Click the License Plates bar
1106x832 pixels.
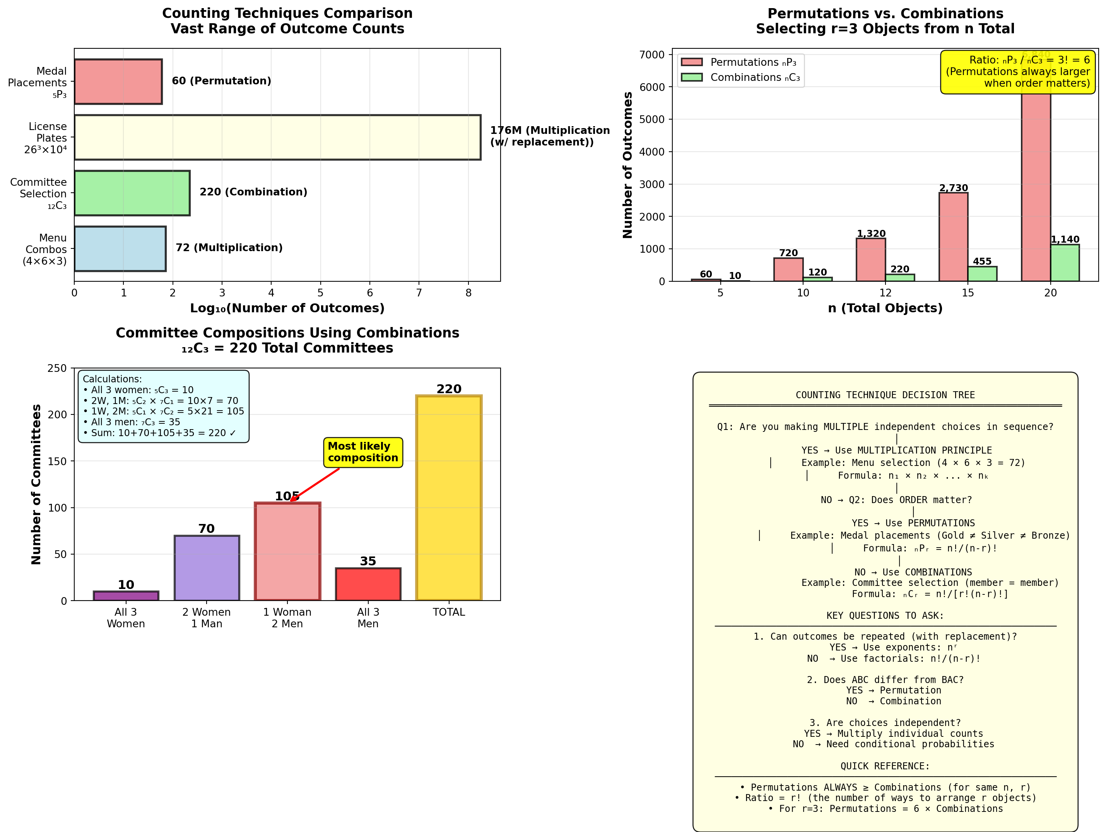[277, 138]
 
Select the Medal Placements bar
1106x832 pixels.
[118, 82]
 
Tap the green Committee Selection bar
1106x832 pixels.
[132, 193]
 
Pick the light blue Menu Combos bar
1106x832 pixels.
[120, 249]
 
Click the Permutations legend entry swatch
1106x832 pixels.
[692, 62]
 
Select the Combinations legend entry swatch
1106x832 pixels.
[692, 77]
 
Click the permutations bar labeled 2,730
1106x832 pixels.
[953, 237]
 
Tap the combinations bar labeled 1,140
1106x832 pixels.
[1065, 263]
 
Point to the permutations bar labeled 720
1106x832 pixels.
[788, 269]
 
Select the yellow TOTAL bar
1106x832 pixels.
[448, 498]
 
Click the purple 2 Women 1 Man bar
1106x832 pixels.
[207, 568]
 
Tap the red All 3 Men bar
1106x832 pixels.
[368, 584]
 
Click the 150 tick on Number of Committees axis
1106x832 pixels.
[57, 461]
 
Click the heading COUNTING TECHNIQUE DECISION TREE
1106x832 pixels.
[885, 395]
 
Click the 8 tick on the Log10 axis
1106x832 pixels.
[468, 293]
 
